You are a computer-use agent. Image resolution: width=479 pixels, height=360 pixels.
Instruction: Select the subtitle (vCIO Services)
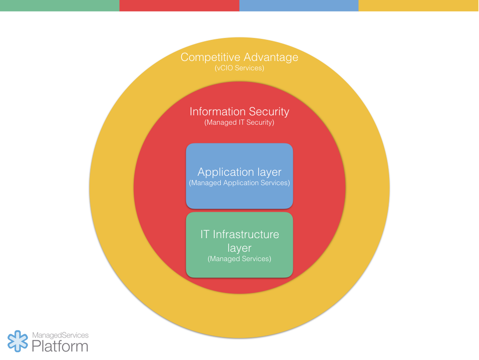239,68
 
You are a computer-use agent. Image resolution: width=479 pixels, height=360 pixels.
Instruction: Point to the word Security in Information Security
269,112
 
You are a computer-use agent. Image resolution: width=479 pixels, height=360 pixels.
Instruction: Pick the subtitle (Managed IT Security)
239,122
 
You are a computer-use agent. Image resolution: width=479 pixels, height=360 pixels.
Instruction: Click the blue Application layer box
239,197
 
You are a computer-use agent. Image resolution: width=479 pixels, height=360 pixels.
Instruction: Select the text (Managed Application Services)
239,183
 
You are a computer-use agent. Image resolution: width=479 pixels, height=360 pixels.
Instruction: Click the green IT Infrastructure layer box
239,270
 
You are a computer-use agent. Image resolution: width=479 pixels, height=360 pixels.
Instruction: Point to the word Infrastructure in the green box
246,234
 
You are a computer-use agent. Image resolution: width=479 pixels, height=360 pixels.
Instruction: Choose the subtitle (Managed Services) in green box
239,259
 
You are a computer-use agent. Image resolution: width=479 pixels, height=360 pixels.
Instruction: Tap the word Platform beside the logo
60,346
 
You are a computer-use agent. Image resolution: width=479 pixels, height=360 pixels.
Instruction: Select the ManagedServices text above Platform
60,336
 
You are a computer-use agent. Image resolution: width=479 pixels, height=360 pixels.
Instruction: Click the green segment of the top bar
59,6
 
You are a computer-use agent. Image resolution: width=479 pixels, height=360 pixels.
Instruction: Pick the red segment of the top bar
179,6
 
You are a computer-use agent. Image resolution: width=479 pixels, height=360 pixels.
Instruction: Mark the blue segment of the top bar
299,6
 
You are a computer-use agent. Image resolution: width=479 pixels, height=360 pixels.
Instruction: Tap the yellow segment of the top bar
419,6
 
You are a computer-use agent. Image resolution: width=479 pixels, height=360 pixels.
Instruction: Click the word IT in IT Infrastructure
205,234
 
